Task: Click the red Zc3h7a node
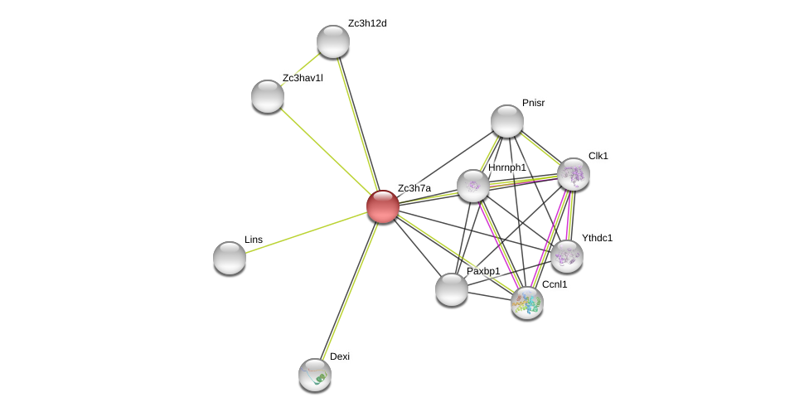pos(383,206)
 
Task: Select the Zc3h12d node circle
pos(333,41)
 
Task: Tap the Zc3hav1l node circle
pos(268,96)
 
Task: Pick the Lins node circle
pos(230,258)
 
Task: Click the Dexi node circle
pos(315,375)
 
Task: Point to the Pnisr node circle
pos(507,121)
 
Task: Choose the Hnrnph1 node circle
pos(473,186)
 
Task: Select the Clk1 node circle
pos(574,174)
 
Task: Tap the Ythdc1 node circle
pos(567,256)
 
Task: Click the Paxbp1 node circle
pos(452,289)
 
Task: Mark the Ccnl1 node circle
pos(527,303)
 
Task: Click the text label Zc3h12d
pos(367,23)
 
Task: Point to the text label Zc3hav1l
pos(303,78)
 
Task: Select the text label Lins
pos(254,240)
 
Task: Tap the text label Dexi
pos(340,356)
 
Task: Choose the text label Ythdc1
pos(597,238)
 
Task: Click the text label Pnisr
pos(534,103)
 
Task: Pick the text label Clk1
pos(598,156)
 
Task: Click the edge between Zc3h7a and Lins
pos(307,232)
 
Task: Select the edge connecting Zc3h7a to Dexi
pos(349,290)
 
